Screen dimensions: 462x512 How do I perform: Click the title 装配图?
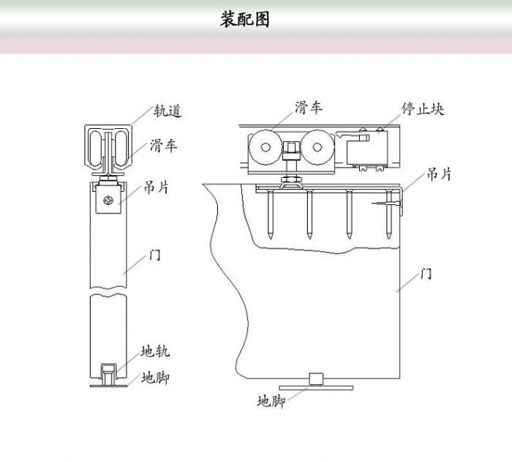pyautogui.click(x=244, y=20)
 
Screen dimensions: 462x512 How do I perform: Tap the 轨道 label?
pyautogui.click(x=167, y=111)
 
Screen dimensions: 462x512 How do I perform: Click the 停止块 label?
pyautogui.click(x=423, y=109)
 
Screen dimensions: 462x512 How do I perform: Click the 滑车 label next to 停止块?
pyautogui.click(x=309, y=108)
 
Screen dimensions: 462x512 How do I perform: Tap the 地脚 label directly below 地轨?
pyautogui.click(x=156, y=378)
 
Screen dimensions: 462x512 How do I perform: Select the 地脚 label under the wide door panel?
pyautogui.click(x=271, y=401)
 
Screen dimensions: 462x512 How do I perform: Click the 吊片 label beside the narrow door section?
pyautogui.click(x=155, y=188)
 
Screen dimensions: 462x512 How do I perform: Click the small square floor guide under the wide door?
pyautogui.click(x=317, y=379)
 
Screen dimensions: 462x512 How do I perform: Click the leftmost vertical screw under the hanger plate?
pyautogui.click(x=271, y=212)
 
